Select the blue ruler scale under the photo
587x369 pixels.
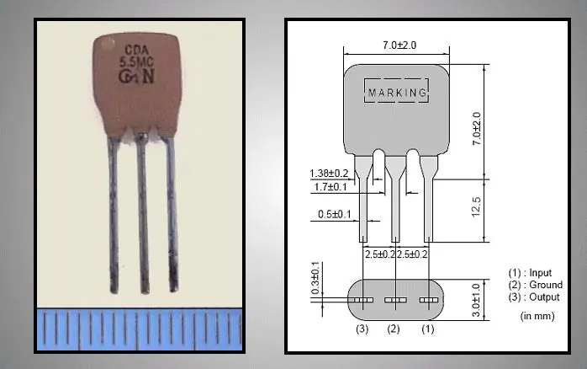[x=139, y=329]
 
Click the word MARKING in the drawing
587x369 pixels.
[x=397, y=91]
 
